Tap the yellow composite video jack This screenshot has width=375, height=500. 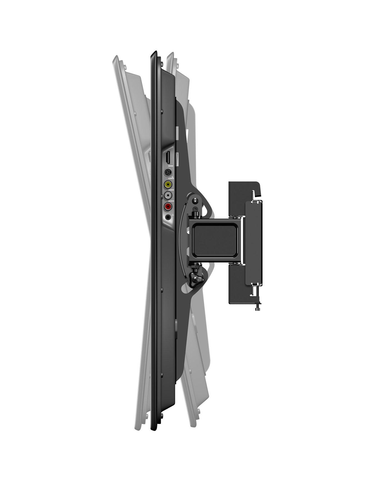pyautogui.click(x=168, y=184)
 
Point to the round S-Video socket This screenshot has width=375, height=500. pyautogui.click(x=168, y=172)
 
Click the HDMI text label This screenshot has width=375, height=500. pyautogui.click(x=169, y=166)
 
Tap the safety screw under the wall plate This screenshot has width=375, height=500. pyautogui.click(x=257, y=309)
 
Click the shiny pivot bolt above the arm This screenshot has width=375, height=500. pyautogui.click(x=196, y=200)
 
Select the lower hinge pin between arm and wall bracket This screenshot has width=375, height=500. pyautogui.click(x=238, y=262)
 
